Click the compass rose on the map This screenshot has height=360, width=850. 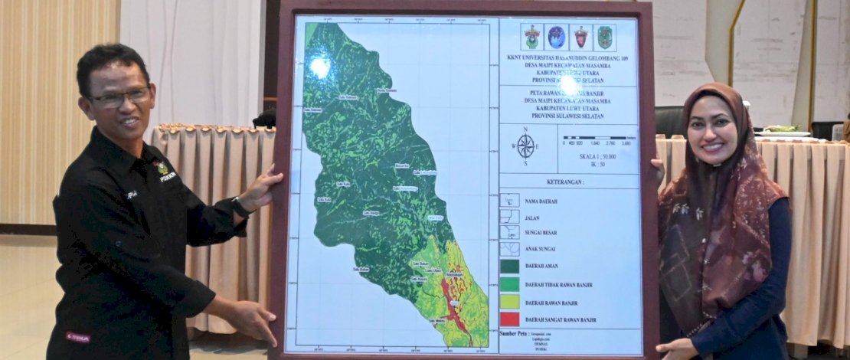tap(525, 146)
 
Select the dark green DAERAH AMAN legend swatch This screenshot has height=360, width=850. tap(509, 267)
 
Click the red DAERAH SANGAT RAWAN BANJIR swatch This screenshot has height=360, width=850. tap(509, 319)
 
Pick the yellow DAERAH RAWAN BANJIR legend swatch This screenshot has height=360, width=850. tap(509, 302)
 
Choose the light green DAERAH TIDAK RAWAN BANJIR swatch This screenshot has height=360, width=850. tap(509, 284)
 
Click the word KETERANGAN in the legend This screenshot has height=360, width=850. tap(570, 184)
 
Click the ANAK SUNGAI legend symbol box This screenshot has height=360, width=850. tap(509, 249)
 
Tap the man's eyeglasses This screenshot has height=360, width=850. tap(120, 98)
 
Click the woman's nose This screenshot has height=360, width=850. tap(713, 133)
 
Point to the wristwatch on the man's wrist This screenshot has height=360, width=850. tap(240, 207)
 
